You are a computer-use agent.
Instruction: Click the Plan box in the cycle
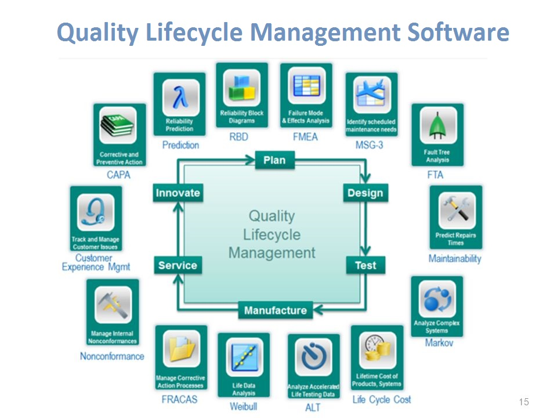tap(274, 160)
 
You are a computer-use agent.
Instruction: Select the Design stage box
tap(364, 193)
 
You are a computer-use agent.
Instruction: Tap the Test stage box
tap(366, 265)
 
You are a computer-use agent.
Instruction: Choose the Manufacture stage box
tap(275, 310)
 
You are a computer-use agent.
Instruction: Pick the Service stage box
tap(178, 265)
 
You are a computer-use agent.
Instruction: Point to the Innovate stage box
tap(178, 193)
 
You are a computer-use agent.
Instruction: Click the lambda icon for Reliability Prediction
tap(179, 95)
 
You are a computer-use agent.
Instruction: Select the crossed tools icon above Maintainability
tap(457, 210)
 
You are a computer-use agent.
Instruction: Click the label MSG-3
tap(369, 145)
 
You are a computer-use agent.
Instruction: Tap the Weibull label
tap(243, 406)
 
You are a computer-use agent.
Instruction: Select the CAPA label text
tap(118, 175)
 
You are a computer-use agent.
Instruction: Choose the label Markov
tap(439, 343)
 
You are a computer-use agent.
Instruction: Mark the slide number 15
tap(523, 402)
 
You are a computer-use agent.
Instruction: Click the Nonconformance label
tap(112, 356)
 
